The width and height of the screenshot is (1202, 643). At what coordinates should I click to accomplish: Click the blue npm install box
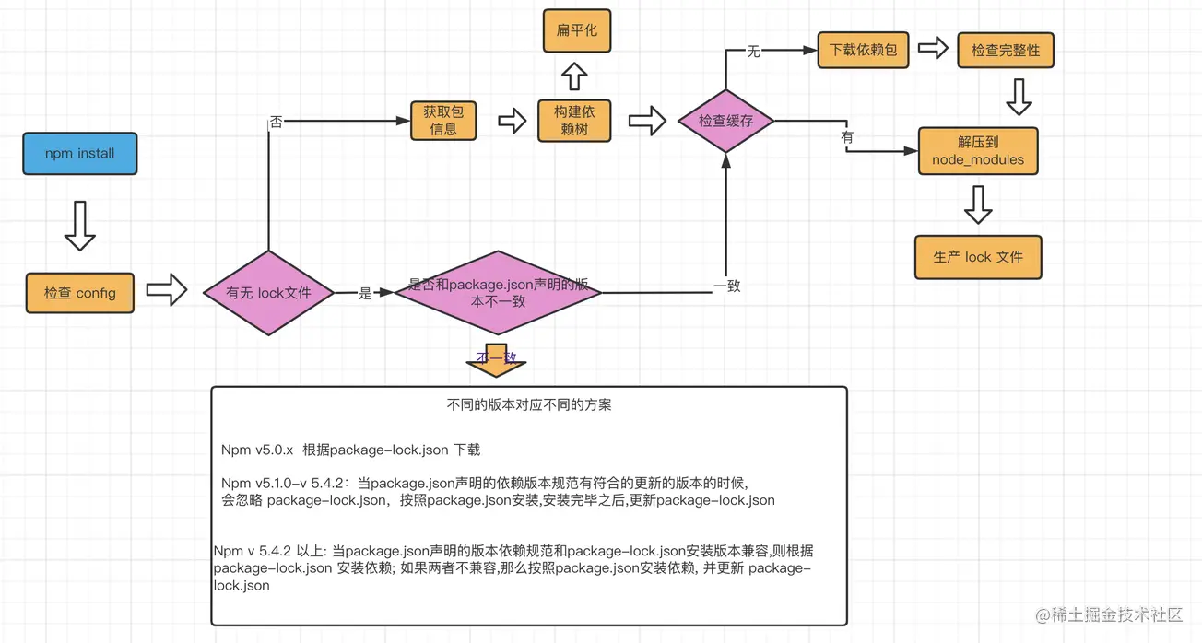click(80, 153)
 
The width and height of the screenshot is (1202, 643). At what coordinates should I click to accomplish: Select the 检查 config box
click(80, 293)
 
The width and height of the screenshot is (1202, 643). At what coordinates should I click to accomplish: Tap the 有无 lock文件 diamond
click(268, 293)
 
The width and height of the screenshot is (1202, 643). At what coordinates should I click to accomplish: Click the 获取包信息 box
click(443, 121)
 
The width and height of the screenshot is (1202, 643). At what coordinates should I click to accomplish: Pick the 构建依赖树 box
click(574, 121)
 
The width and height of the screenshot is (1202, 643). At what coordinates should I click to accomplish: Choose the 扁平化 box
click(577, 30)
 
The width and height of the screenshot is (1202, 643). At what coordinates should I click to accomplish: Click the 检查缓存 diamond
click(726, 121)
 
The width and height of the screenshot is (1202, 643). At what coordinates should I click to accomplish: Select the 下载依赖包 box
click(863, 50)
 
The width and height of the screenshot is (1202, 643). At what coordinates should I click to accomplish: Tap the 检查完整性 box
click(1006, 51)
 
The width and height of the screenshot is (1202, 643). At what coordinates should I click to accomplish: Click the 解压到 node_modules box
click(978, 151)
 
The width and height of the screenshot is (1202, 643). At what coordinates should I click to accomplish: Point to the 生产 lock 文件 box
click(978, 257)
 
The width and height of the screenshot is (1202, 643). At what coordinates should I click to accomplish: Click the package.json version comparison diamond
click(498, 293)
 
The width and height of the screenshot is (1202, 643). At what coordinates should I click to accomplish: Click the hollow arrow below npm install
click(80, 226)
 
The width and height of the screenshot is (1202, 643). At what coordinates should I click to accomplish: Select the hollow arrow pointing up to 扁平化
click(574, 76)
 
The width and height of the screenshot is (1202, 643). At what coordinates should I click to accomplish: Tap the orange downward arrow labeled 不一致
click(496, 360)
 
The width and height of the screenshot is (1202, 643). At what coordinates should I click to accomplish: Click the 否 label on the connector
click(276, 122)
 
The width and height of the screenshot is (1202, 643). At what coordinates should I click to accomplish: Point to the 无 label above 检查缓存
click(753, 52)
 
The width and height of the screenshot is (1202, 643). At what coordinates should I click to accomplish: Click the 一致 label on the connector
click(727, 286)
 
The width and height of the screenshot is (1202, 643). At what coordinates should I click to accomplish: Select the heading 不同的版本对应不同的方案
click(528, 405)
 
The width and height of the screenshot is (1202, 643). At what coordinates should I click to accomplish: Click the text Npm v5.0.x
click(257, 450)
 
